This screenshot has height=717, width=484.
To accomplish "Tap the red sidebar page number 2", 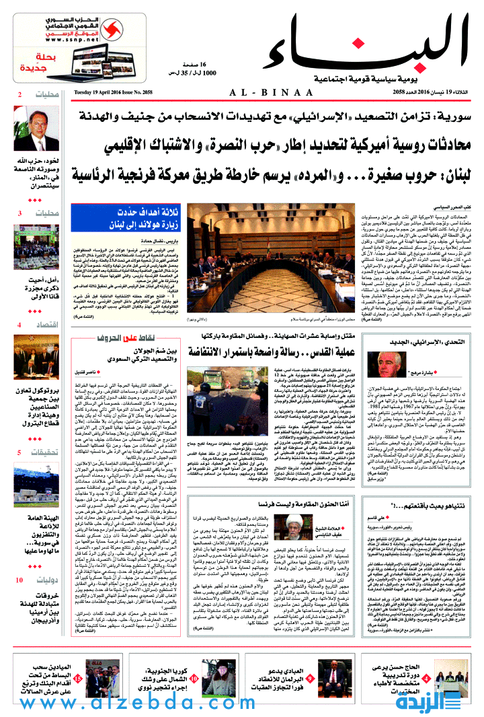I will (x=19, y=94).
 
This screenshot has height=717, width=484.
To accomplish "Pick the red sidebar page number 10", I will (x=20, y=559).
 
